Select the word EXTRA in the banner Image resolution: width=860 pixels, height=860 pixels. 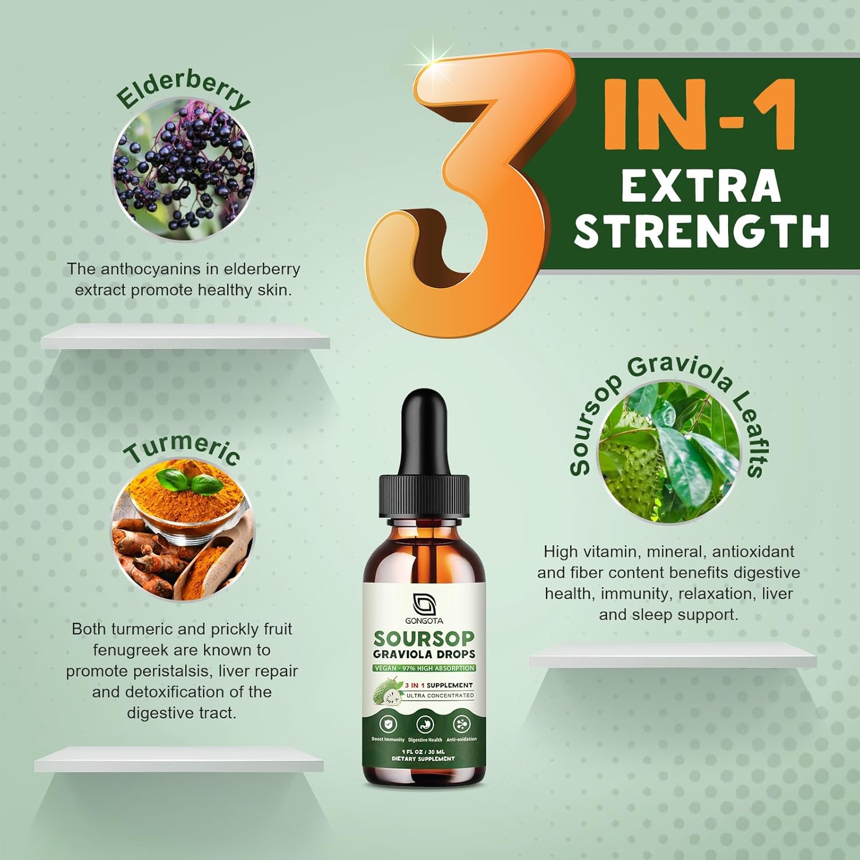(x=701, y=186)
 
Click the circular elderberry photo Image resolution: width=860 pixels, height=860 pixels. (x=183, y=170)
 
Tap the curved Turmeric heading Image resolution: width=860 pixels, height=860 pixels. (x=182, y=450)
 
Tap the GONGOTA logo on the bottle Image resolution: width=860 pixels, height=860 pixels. (x=424, y=608)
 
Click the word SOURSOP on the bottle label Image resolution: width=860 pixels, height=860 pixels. (x=424, y=639)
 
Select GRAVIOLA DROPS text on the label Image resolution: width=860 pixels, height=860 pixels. (x=424, y=654)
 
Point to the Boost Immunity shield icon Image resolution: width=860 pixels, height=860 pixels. (x=388, y=724)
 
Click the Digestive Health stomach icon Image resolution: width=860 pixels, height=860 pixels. (x=425, y=724)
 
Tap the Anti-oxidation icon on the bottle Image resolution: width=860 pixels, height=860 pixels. (x=461, y=724)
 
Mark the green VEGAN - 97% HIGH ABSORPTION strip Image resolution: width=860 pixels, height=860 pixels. (x=424, y=668)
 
